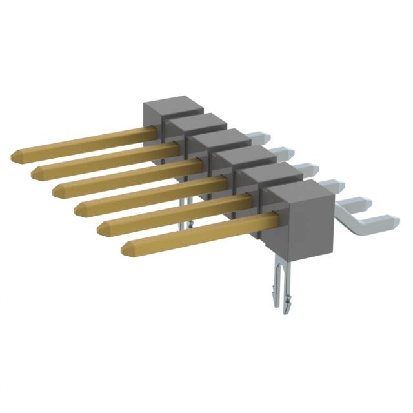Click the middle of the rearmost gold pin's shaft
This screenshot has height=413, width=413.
tap(84, 144)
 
